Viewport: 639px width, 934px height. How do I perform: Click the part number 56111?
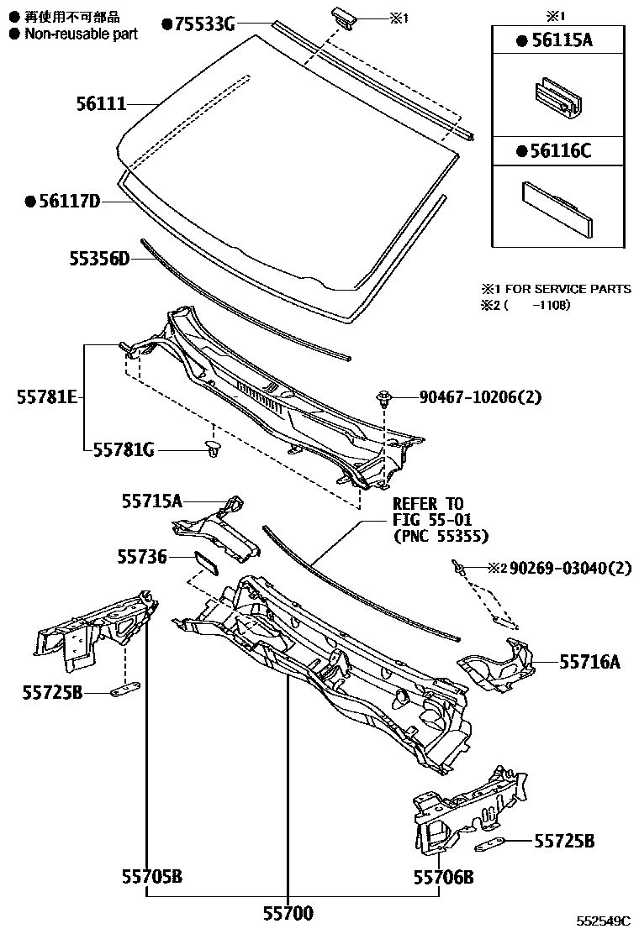point(100,104)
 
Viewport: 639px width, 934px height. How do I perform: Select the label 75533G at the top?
point(204,24)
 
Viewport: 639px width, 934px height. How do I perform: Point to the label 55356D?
point(99,259)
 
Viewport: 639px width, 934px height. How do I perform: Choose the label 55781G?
point(124,450)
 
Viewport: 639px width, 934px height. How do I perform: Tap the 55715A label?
point(151,501)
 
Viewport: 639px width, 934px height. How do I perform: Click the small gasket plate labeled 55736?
point(206,560)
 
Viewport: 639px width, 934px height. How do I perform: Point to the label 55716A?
point(589,663)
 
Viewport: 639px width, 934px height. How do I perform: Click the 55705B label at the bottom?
point(151,878)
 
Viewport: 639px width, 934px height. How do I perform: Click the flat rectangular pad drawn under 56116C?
point(558,207)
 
